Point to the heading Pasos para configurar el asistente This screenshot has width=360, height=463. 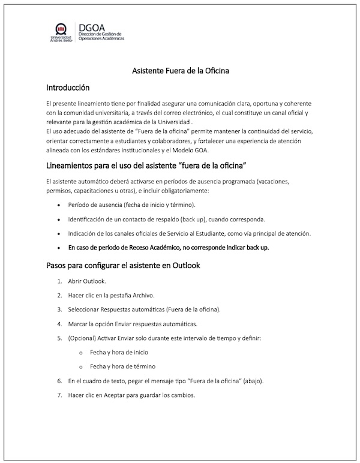click(124, 265)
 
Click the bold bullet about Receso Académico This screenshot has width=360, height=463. click(169, 247)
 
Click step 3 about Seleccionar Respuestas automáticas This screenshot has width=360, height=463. click(145, 309)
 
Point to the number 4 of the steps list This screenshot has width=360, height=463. click(60, 324)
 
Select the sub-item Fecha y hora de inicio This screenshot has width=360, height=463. click(119, 352)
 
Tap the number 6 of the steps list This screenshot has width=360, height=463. click(60, 381)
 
